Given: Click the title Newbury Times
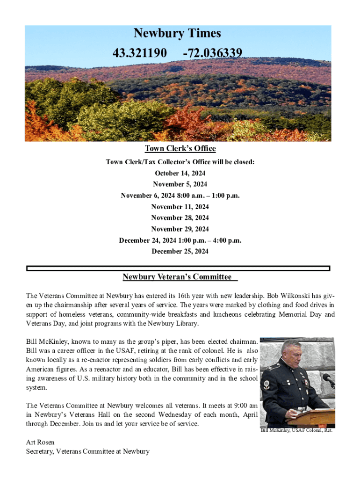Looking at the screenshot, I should click(x=177, y=34).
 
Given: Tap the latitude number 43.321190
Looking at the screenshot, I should click(x=139, y=53).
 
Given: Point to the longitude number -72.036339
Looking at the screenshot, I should click(x=213, y=53).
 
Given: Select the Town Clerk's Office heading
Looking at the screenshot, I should click(x=180, y=149).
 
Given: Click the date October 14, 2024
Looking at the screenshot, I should click(x=180, y=173).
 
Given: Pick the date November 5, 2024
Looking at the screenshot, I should click(x=180, y=184).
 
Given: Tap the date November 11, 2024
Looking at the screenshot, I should click(x=180, y=207).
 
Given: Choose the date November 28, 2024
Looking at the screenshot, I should click(x=180, y=218).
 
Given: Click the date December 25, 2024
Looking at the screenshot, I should click(x=180, y=252).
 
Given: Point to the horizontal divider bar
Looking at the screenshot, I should click(x=178, y=269).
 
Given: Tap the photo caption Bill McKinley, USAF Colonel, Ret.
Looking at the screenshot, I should click(x=296, y=430).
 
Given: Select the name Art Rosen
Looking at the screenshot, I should click(x=40, y=442).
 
